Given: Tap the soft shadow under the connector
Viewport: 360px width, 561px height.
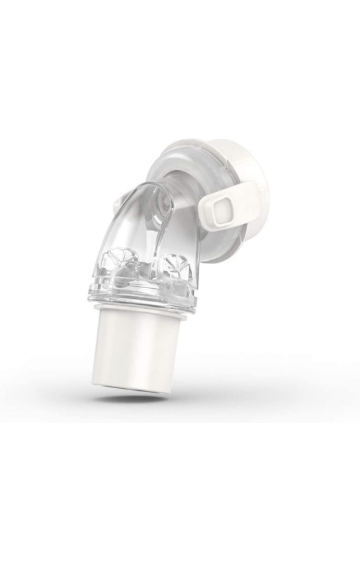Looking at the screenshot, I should [143, 399].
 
